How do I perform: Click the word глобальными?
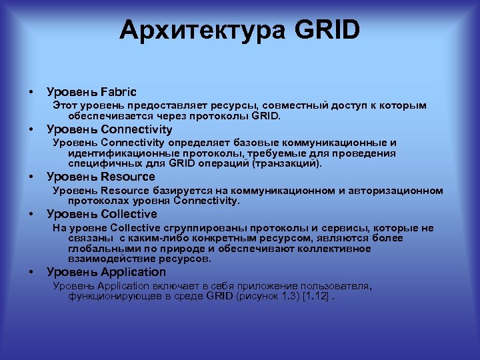[x=99, y=248]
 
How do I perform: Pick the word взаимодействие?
[x=104, y=258]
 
